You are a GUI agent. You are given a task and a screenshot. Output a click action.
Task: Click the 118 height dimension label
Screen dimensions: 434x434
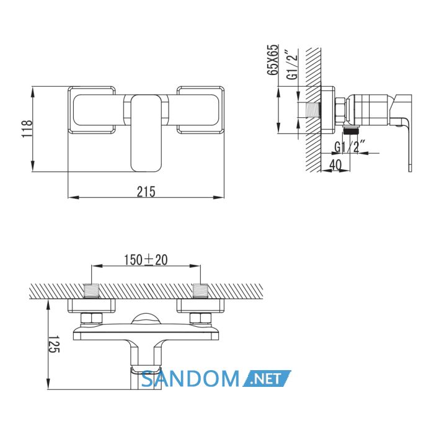(x=27, y=129)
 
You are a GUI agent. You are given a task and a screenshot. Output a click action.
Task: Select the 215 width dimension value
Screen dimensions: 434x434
(x=146, y=192)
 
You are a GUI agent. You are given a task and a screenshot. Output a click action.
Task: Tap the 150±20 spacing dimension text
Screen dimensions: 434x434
(x=146, y=260)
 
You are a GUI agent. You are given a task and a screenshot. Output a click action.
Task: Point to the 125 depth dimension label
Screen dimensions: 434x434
(x=54, y=344)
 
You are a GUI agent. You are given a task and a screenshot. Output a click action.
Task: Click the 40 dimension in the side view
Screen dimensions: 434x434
(x=336, y=166)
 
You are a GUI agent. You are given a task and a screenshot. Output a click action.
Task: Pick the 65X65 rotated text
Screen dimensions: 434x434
(x=272, y=60)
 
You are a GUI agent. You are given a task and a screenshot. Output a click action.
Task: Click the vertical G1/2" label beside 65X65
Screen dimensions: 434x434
(x=292, y=64)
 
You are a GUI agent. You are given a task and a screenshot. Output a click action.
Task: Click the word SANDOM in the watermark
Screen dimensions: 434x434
(x=190, y=378)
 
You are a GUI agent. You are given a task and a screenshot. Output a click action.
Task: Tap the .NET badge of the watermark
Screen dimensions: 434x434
(x=267, y=378)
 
